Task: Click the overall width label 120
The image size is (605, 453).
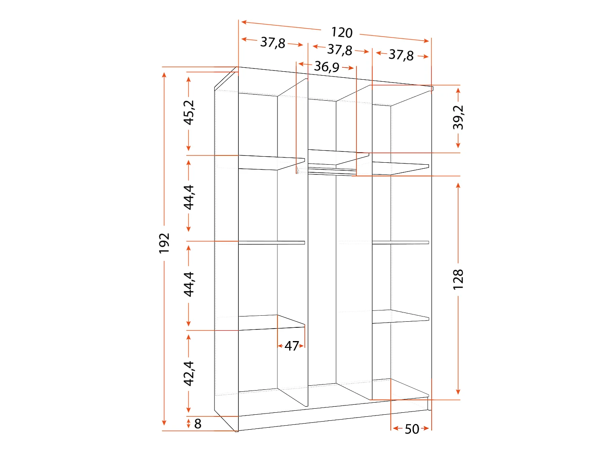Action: pyautogui.click(x=342, y=32)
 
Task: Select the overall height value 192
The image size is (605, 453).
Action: pyautogui.click(x=164, y=243)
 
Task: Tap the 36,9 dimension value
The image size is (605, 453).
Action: pyautogui.click(x=326, y=66)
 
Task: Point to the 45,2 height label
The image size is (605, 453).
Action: pyautogui.click(x=189, y=112)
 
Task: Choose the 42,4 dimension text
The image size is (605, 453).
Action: pyautogui.click(x=189, y=373)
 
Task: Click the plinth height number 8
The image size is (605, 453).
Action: pyautogui.click(x=198, y=424)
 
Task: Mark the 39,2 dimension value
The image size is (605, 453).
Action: pyautogui.click(x=458, y=117)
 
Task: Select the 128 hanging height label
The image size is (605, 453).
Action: pyautogui.click(x=458, y=279)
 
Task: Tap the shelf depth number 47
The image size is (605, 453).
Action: pyautogui.click(x=292, y=346)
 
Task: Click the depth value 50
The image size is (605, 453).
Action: pyautogui.click(x=412, y=429)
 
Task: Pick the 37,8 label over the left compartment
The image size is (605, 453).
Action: pyautogui.click(x=273, y=42)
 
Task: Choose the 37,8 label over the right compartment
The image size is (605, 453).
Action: pyautogui.click(x=401, y=55)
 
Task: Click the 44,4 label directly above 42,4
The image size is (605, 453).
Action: pyautogui.click(x=189, y=284)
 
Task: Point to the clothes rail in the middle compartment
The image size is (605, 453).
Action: pyautogui.click(x=331, y=173)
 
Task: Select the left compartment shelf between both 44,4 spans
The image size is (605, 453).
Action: pyautogui.click(x=271, y=242)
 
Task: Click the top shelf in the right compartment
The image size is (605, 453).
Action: pyautogui.click(x=399, y=168)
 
